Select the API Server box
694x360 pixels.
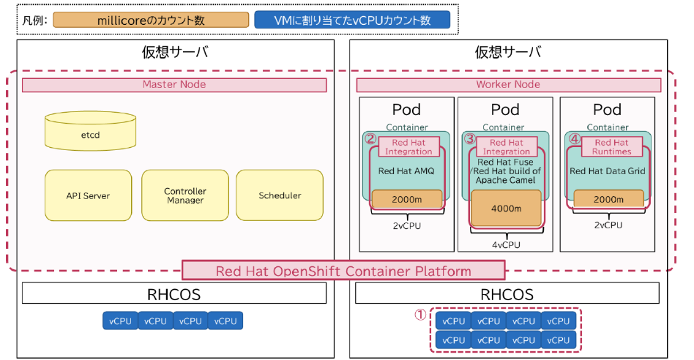point(89,195)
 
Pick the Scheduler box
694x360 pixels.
point(280,195)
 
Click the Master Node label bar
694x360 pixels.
point(174,85)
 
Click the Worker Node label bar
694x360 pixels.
point(508,85)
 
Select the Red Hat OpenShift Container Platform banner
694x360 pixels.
point(343,271)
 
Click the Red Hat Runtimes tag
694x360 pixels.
point(612,147)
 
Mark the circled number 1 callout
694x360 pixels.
point(420,315)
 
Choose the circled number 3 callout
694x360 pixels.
point(470,138)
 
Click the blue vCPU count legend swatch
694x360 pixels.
point(351,20)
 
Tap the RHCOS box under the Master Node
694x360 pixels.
point(174,293)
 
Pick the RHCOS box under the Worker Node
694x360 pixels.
point(508,293)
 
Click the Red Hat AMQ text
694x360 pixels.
point(406,171)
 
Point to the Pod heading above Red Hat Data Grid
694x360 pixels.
point(607,110)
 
